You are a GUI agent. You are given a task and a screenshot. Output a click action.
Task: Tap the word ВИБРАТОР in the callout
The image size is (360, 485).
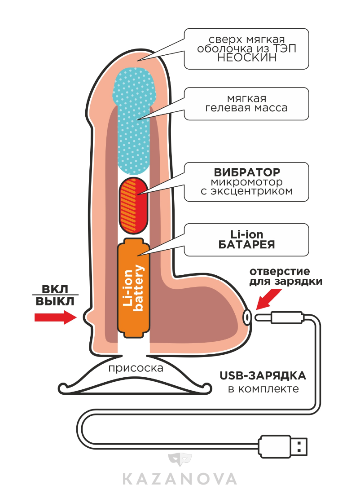point(246,172)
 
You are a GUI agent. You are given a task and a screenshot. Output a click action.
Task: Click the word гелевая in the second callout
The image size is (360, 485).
point(227,108)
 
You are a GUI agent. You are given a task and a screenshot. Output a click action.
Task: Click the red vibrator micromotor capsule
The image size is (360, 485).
point(134,204)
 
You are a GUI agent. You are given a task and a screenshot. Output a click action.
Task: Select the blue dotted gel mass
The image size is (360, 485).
point(134,121)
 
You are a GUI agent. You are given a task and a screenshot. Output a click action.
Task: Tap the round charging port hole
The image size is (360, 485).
point(247,317)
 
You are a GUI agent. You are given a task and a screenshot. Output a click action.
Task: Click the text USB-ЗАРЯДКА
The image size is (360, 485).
point(263,375)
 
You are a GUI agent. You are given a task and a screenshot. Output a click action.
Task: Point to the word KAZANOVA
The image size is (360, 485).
point(180,477)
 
